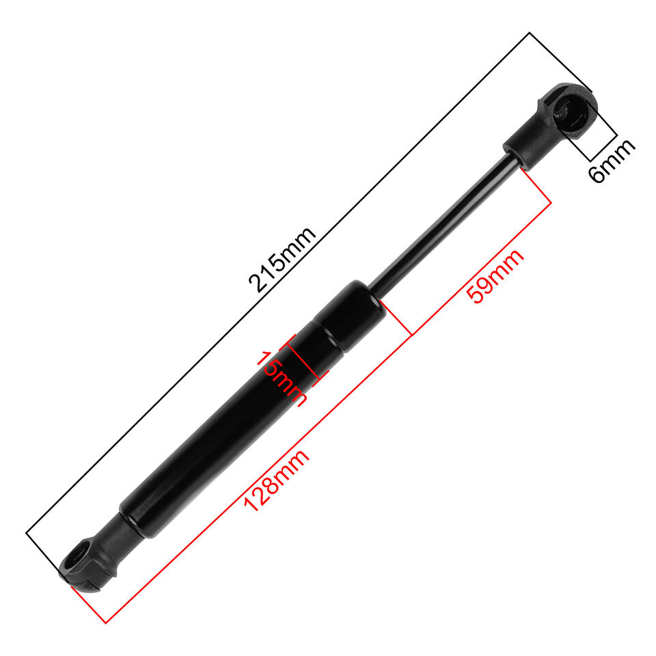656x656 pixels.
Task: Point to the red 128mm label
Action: [x=276, y=480]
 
